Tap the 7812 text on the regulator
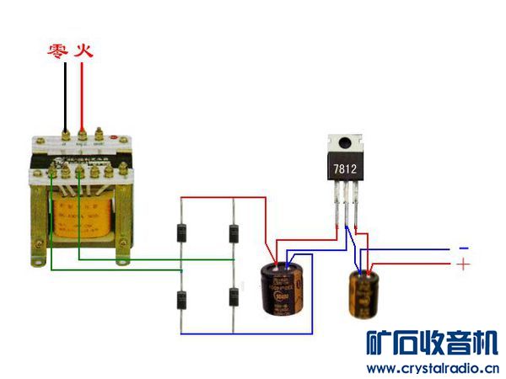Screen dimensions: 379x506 tap(345, 169)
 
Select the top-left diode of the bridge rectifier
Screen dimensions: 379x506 tap(181, 233)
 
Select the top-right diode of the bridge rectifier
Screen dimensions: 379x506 tap(234, 233)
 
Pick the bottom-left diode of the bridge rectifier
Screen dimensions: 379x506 tap(181, 299)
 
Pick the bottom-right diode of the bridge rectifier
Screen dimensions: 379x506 tap(234, 299)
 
